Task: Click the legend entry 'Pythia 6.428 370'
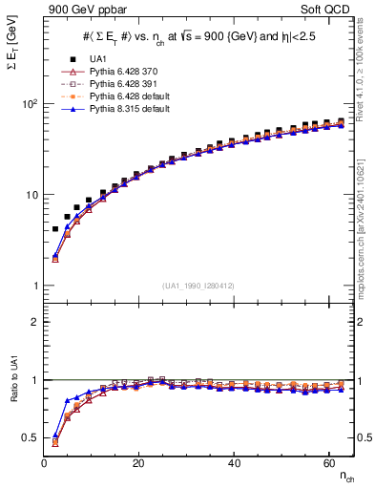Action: pos(120,72)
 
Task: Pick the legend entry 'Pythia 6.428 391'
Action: pos(120,84)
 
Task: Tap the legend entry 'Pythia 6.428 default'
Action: pos(126,96)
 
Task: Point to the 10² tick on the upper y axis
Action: pos(30,103)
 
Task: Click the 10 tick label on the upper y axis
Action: pos(31,195)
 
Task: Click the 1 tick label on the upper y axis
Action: pos(35,287)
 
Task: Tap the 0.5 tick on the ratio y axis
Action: pos(31,437)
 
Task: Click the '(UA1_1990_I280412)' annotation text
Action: pos(198,286)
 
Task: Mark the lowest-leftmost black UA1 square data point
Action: pos(55,229)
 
